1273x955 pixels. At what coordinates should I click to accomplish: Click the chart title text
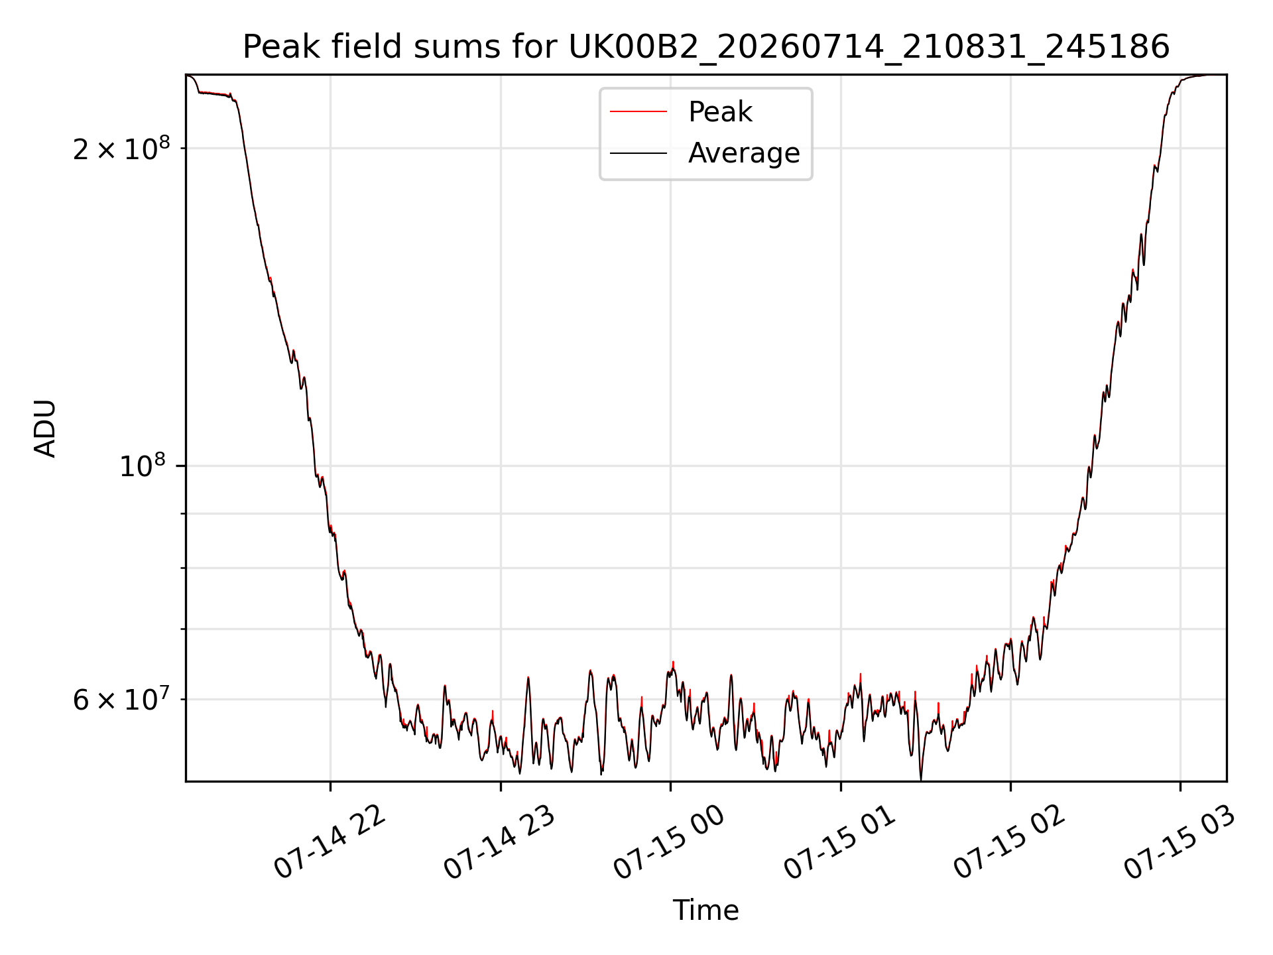(x=706, y=47)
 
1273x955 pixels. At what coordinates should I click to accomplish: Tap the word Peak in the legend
(x=720, y=112)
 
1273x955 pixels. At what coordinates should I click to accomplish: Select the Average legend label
(x=744, y=153)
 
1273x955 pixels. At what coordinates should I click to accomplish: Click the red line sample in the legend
(x=638, y=112)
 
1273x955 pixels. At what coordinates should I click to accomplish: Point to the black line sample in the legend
(x=638, y=153)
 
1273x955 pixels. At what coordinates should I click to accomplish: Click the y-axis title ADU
(x=46, y=428)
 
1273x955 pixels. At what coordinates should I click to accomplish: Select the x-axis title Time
(x=706, y=911)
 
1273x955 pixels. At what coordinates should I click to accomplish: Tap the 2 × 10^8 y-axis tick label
(x=121, y=149)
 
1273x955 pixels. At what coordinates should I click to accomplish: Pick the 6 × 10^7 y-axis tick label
(x=121, y=699)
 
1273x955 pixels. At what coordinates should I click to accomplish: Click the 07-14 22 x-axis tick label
(x=330, y=842)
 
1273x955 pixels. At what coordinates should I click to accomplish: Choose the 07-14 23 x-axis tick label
(x=500, y=842)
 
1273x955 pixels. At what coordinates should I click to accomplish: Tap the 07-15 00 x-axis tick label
(x=670, y=842)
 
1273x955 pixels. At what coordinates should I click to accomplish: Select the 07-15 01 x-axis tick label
(x=840, y=842)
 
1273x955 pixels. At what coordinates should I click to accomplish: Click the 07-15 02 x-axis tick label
(x=1010, y=842)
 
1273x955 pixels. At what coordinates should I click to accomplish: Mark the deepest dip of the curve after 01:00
(x=921, y=779)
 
